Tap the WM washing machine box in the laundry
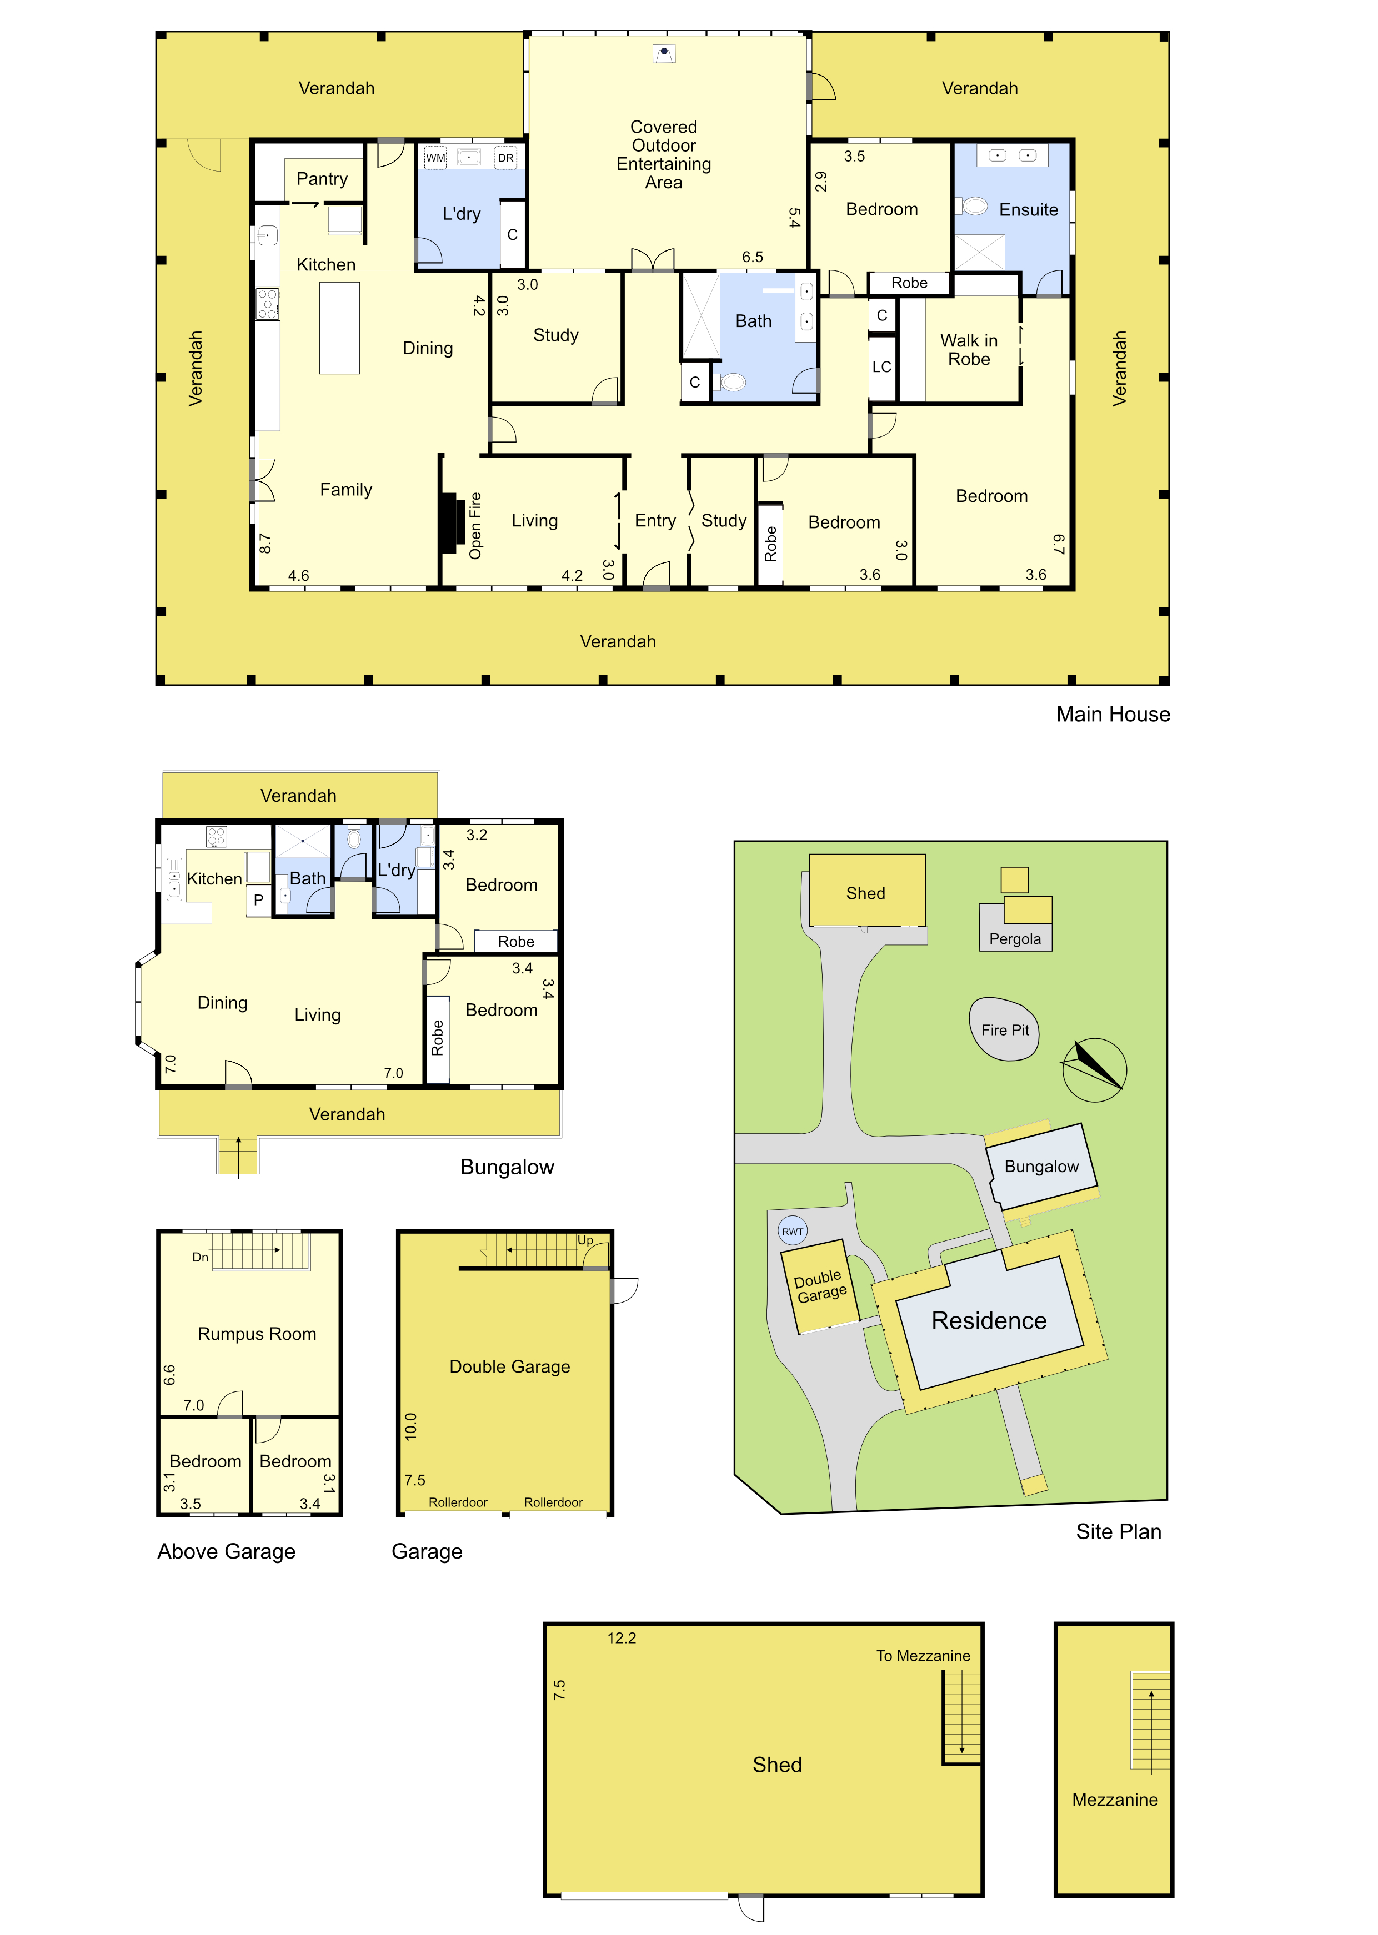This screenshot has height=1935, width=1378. coord(435,158)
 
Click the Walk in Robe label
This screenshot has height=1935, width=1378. coord(969,349)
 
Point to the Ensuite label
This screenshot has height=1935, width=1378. coord(1029,209)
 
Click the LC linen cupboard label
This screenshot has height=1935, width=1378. coord(881,366)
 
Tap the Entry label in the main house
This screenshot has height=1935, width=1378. coord(655,520)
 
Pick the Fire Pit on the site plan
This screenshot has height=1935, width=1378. coord(1005,1029)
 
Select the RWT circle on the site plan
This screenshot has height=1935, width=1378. coord(793,1231)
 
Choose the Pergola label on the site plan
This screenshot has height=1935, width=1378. coord(1015,939)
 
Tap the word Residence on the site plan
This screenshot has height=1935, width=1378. coord(989,1321)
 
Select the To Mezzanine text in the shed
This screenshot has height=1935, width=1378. coord(923,1655)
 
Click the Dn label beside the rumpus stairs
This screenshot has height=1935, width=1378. coord(201,1257)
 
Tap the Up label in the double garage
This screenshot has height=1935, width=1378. coord(585,1240)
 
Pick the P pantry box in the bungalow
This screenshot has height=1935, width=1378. coord(259,900)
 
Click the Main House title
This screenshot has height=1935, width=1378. coord(1113,714)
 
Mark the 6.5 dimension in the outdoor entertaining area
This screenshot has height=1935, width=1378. coord(753,257)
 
